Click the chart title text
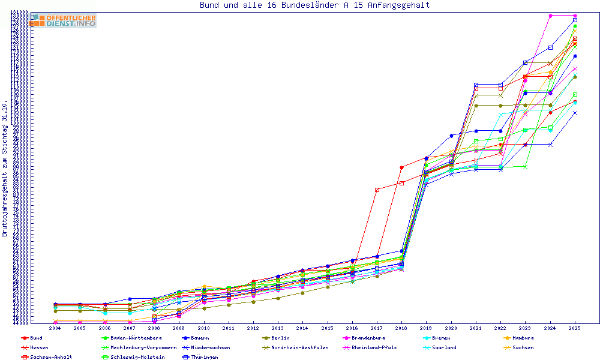pos(315,5)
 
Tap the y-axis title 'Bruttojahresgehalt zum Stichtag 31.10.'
pos(5,169)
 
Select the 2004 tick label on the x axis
pos(55,329)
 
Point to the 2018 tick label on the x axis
pos(401,329)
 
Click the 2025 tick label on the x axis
pos(575,329)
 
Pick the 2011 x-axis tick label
pos(229,329)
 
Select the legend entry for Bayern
pos(200,338)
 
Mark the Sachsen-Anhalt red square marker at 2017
pos(377,190)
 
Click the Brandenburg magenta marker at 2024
pos(550,16)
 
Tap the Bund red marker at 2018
pos(401,167)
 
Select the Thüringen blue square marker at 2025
pos(575,20)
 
